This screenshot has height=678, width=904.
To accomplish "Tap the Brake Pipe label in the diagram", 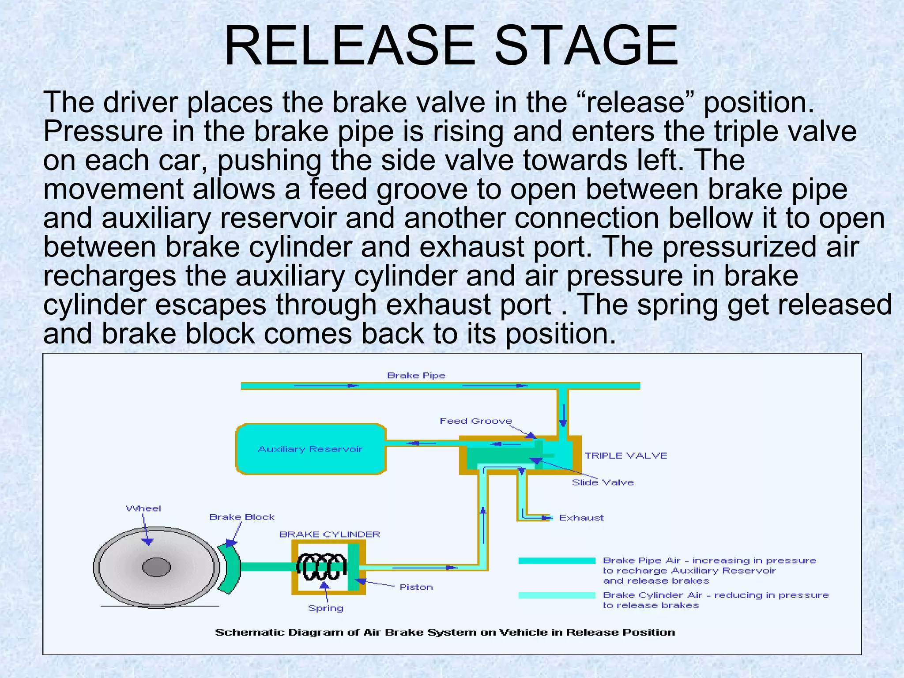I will tap(416, 376).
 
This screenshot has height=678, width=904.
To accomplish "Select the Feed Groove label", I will tap(475, 421).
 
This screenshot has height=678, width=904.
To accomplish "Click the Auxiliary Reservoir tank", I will tap(311, 449).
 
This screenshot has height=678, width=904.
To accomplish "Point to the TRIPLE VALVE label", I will tap(625, 456).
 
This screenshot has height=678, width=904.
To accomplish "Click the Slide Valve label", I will tap(603, 482).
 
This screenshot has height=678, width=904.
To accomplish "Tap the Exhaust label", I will tap(581, 518).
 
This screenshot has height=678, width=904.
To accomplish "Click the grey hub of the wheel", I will tap(156, 567).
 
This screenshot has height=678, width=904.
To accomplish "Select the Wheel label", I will tap(143, 508).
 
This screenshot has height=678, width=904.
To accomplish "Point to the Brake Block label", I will tap(241, 517).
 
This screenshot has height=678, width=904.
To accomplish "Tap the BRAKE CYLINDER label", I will tap(329, 535).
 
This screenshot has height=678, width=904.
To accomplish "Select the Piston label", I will tap(416, 587).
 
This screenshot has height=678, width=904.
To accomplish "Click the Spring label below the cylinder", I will tap(326, 608).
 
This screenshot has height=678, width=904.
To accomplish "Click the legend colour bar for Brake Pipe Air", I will tap(557, 561).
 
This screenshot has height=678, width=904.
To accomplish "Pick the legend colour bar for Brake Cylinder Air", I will tap(557, 595).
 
